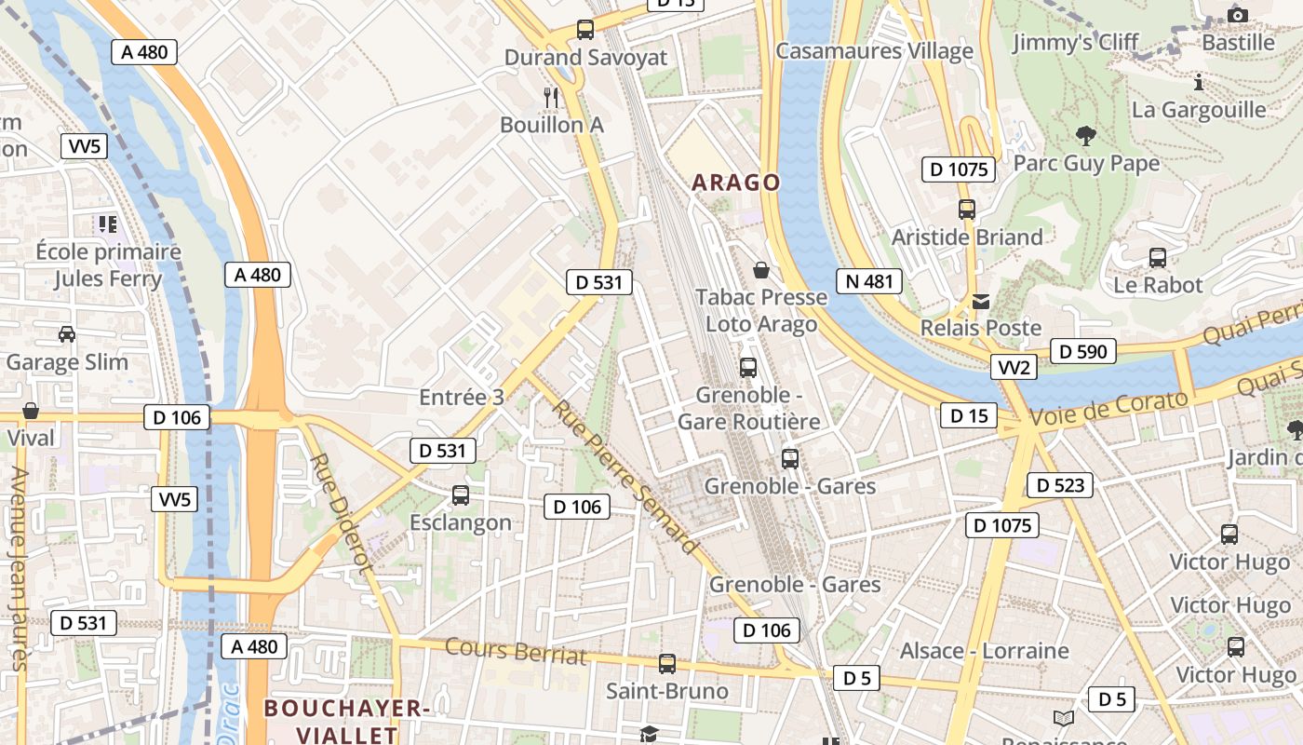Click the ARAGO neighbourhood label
click(x=735, y=183)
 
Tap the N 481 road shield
click(x=869, y=281)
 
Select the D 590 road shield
click(x=1083, y=351)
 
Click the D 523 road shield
click(x=1060, y=485)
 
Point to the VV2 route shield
click(x=1014, y=367)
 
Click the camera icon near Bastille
click(x=1237, y=14)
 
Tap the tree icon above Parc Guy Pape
click(x=1084, y=136)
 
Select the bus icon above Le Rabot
click(x=1158, y=257)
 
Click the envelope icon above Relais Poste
click(x=981, y=301)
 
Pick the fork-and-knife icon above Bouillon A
click(x=551, y=96)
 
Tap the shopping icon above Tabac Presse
click(x=761, y=270)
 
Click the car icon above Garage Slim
click(x=66, y=333)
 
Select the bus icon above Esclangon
click(x=460, y=495)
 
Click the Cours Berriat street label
click(x=516, y=651)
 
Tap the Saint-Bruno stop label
click(x=666, y=691)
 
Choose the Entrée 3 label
click(x=462, y=398)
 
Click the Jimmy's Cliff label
click(x=1075, y=42)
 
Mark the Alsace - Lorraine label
click(x=984, y=650)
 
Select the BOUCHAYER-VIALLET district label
click(x=345, y=721)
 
